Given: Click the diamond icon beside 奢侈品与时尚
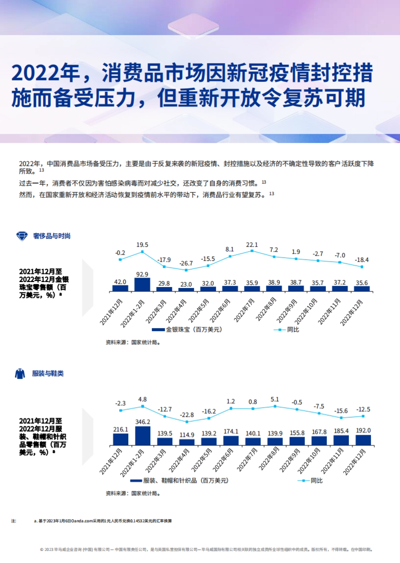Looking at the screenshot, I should [22, 236].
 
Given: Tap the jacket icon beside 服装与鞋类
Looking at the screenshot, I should [20, 373].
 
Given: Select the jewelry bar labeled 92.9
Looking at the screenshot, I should [142, 285].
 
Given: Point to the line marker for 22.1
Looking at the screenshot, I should [252, 251].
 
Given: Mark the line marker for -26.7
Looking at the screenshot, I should [186, 270].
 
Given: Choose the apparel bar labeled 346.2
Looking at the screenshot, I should [143, 436].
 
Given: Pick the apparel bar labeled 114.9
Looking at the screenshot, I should [187, 442].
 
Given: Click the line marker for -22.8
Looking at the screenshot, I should [187, 422].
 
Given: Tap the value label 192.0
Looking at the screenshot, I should [363, 431].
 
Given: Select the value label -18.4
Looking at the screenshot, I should [362, 260].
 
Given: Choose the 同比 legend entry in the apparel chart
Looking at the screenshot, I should [316, 481].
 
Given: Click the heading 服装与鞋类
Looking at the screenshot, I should [48, 373].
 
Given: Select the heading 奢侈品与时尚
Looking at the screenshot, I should [52, 236].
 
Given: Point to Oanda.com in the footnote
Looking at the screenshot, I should [82, 521].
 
